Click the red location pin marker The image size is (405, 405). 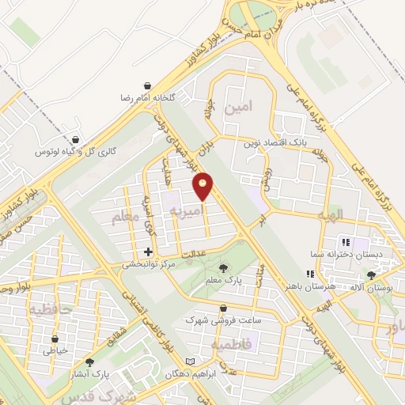204,185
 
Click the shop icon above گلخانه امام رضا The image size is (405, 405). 148,85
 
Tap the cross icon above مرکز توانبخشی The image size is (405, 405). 147,252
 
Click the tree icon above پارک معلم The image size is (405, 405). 223,267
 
